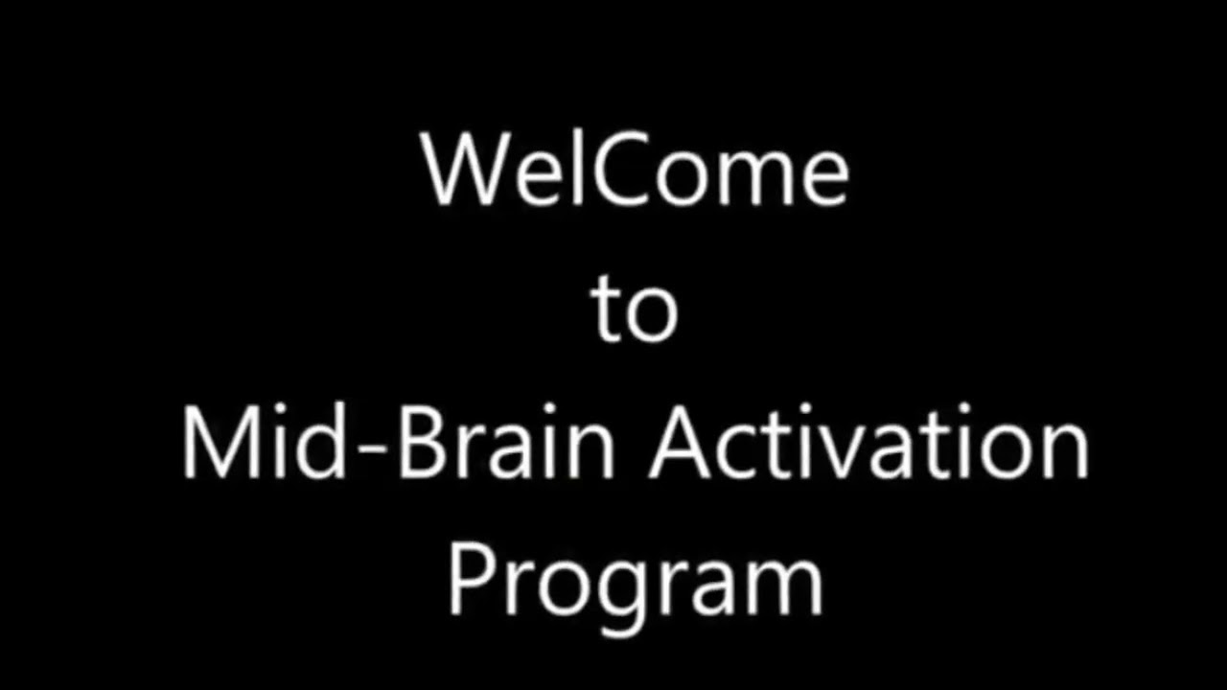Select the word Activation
(x=868, y=444)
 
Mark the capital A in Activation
(x=683, y=444)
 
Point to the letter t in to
(x=606, y=310)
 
